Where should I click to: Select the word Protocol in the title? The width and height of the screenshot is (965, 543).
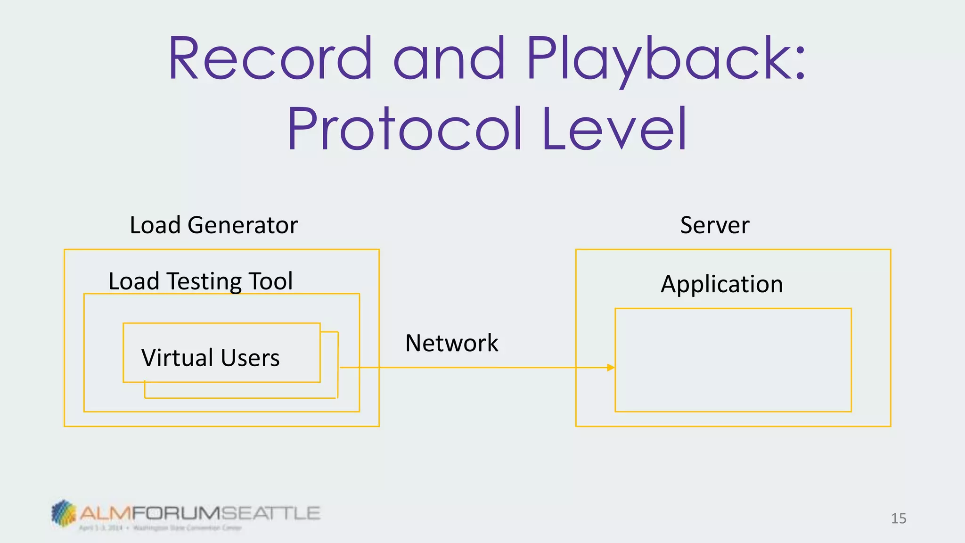405,128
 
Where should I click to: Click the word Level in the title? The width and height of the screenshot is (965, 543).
614,128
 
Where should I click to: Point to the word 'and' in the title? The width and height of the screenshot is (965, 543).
450,58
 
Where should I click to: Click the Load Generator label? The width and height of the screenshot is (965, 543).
213,225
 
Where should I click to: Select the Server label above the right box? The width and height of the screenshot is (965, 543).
714,225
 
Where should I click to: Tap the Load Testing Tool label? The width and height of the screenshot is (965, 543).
200,281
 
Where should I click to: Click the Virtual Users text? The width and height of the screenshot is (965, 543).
210,357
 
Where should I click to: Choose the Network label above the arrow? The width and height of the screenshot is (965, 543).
451,343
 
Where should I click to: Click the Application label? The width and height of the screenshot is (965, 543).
721,284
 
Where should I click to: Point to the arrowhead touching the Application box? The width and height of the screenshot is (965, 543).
611,367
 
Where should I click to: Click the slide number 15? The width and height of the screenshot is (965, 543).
898,518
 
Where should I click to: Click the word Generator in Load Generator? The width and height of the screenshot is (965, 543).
243,225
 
